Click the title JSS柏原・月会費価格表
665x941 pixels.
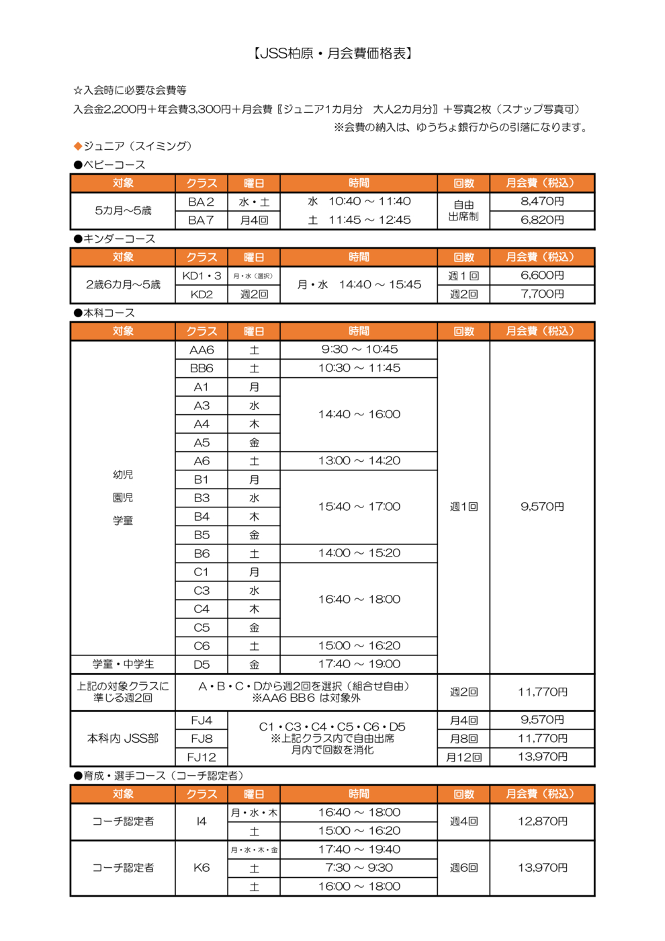click(332, 54)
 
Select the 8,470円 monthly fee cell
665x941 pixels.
click(542, 202)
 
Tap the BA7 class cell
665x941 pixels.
click(201, 220)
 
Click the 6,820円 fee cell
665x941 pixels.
click(542, 220)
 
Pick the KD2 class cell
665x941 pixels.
click(201, 294)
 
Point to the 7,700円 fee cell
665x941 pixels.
click(542, 294)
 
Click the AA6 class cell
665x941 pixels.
click(201, 350)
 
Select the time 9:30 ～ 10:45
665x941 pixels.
click(359, 350)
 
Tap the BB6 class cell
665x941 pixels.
click(201, 368)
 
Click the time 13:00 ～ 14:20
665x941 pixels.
click(359, 461)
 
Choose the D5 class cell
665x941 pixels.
click(201, 665)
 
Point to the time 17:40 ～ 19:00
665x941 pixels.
click(359, 664)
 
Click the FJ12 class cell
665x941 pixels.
click(201, 758)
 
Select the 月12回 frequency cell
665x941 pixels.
click(463, 758)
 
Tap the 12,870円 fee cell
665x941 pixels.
click(542, 821)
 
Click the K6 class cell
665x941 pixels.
click(201, 868)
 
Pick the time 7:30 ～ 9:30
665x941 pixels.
click(359, 868)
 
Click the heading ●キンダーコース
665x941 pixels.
click(114, 239)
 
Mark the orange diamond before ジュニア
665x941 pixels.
click(78, 146)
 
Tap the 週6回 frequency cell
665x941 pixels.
click(463, 868)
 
